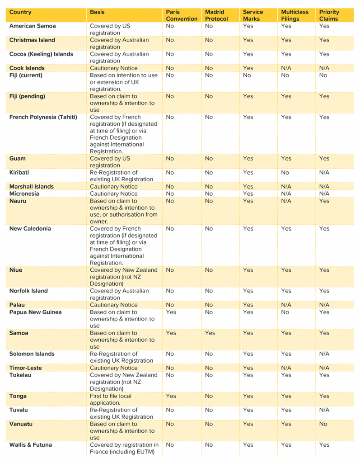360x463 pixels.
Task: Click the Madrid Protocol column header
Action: [x=216, y=15]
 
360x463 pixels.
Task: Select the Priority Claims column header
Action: [x=329, y=15]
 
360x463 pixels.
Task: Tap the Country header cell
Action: [x=20, y=12]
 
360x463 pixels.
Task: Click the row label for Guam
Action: [x=18, y=159]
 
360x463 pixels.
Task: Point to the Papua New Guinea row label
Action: [x=35, y=312]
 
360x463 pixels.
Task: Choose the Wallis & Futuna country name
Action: [x=30, y=445]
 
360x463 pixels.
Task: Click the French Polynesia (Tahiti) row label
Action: [x=43, y=117]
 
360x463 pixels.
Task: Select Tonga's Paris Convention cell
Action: [x=171, y=396]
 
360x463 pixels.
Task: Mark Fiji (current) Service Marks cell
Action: [x=247, y=76]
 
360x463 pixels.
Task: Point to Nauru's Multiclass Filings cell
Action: [x=286, y=201]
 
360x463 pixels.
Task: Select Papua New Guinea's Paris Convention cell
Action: [x=171, y=312]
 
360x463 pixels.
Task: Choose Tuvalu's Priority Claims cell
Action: [x=324, y=410]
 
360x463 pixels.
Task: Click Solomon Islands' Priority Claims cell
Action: [x=324, y=354]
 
